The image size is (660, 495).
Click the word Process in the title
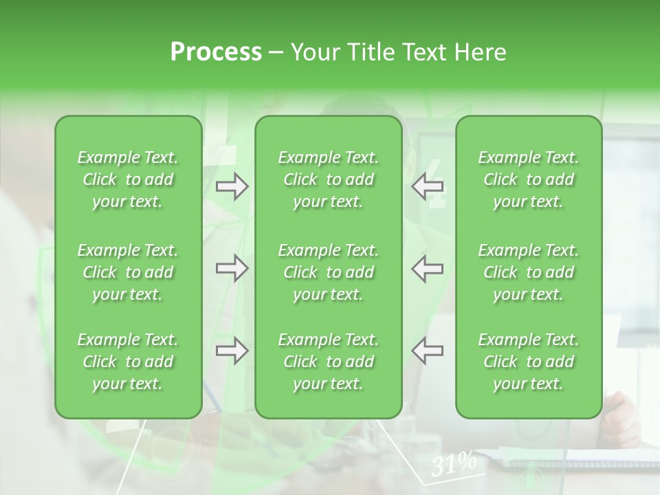pyautogui.click(x=216, y=52)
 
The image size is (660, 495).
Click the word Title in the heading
pyautogui.click(x=368, y=52)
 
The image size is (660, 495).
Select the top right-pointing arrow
pyautogui.click(x=232, y=186)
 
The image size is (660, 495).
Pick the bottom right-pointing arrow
pyautogui.click(x=232, y=351)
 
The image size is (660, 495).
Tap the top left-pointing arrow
pyautogui.click(x=427, y=186)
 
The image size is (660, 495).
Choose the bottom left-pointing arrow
pyautogui.click(x=427, y=351)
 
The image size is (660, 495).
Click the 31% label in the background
pyautogui.click(x=454, y=465)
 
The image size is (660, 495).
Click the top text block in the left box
pyautogui.click(x=128, y=179)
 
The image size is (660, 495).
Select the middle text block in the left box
pyautogui.click(x=128, y=272)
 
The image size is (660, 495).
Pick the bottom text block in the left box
pyautogui.click(x=128, y=362)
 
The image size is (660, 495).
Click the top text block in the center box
pyautogui.click(x=329, y=179)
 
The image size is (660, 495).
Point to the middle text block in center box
pyautogui.click(x=329, y=272)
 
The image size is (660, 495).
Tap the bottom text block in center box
pyautogui.click(x=329, y=362)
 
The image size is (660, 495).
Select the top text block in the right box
pyautogui.click(x=529, y=179)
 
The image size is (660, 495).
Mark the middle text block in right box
pyautogui.click(x=529, y=272)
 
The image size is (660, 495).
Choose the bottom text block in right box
pyautogui.click(x=529, y=362)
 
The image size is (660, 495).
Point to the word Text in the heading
pyautogui.click(x=424, y=52)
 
